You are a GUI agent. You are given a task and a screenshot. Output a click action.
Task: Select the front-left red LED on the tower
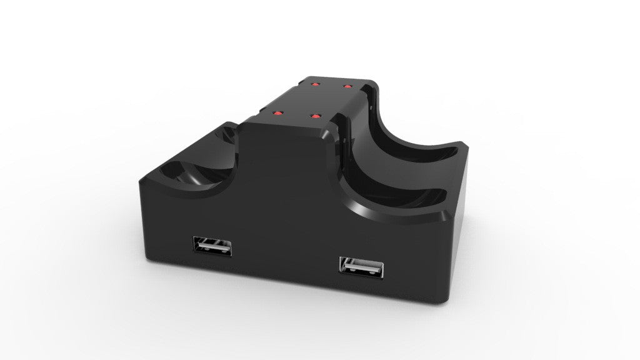pos(276,112)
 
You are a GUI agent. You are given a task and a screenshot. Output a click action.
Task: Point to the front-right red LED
pos(317,116)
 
